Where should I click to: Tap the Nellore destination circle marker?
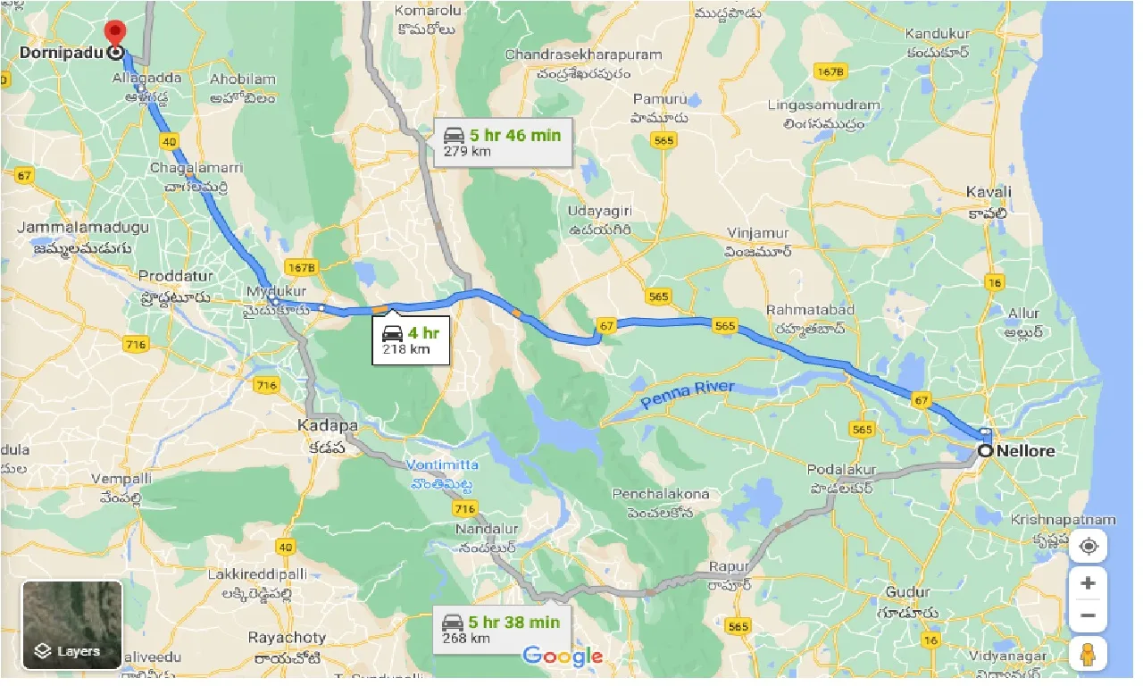point(986,451)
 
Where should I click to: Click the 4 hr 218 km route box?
point(411,341)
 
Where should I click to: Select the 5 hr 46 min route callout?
point(503,142)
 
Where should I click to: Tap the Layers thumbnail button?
point(71,624)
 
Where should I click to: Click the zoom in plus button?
point(1087,583)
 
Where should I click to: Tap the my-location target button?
point(1087,546)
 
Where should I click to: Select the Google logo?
point(563,657)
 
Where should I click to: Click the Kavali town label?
point(989,192)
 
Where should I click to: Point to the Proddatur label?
point(173,276)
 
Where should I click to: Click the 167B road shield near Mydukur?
point(303,267)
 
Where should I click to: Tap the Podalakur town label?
point(842,470)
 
